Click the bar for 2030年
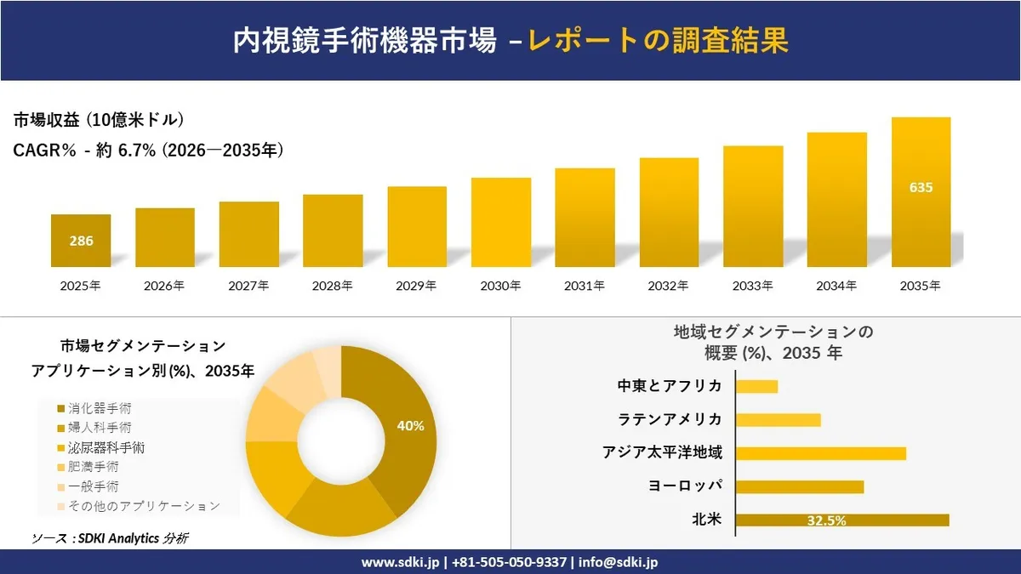click(x=501, y=222)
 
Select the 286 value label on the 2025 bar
click(x=81, y=241)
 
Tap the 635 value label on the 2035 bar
click(x=921, y=187)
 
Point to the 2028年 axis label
click(x=333, y=287)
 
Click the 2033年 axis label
click(x=753, y=287)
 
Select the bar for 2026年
click(x=165, y=237)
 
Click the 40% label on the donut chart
click(x=410, y=426)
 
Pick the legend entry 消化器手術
click(x=94, y=408)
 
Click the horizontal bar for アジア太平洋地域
click(x=820, y=453)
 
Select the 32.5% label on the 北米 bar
click(x=825, y=520)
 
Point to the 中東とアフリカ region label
click(x=670, y=386)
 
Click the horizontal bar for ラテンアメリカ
click(x=778, y=419)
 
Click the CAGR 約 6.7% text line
click(x=148, y=151)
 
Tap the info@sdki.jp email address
click(x=619, y=562)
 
